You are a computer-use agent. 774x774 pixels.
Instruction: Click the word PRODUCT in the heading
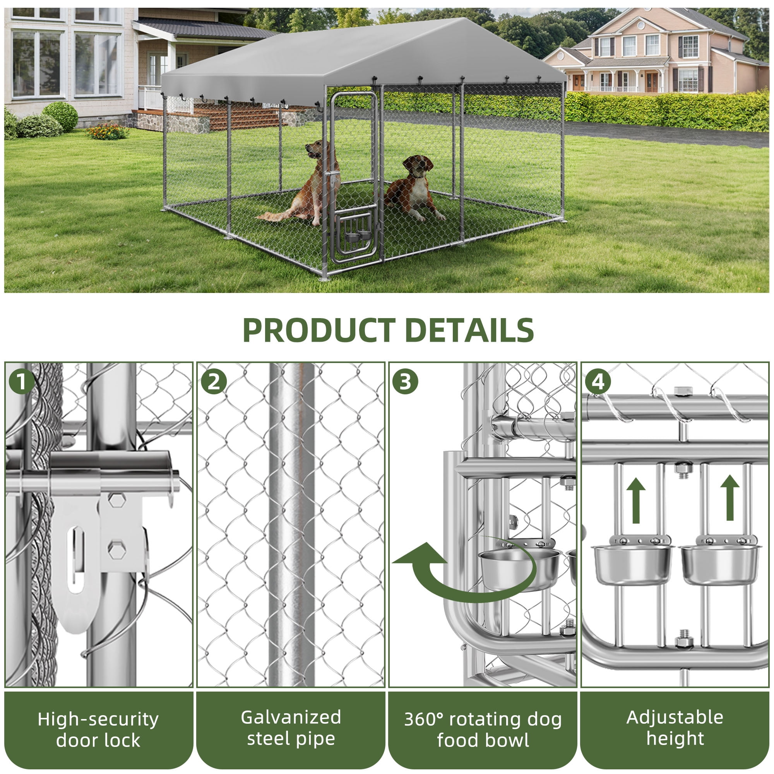pos(319,330)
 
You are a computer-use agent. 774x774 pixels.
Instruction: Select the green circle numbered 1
pos(21,382)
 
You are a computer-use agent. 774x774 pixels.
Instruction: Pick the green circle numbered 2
pos(213,382)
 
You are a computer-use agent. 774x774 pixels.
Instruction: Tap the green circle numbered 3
pos(405,382)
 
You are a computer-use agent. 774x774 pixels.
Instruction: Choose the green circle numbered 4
pos(597,382)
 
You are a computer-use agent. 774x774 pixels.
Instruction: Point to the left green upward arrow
pos(636,501)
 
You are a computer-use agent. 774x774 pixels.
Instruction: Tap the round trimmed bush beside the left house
pos(60,116)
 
